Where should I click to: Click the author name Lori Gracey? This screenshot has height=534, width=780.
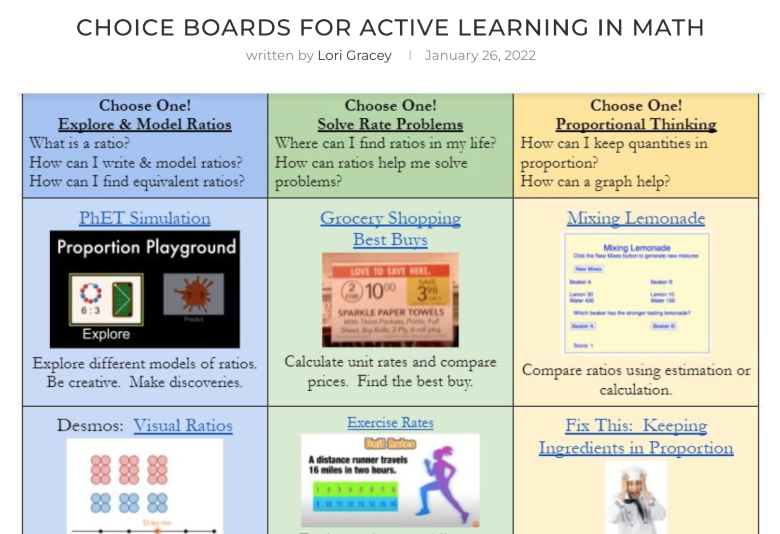pyautogui.click(x=354, y=55)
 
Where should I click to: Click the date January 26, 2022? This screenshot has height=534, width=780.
pyautogui.click(x=480, y=55)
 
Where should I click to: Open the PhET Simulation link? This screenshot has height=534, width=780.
pyautogui.click(x=145, y=218)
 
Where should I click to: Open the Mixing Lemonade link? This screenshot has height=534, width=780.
pyautogui.click(x=636, y=218)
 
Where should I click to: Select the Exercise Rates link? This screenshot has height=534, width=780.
pyautogui.click(x=391, y=423)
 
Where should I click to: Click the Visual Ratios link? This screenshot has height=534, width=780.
pyautogui.click(x=183, y=425)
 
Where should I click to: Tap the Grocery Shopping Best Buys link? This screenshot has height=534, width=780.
pyautogui.click(x=391, y=229)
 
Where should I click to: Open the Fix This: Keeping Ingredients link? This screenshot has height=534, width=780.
pyautogui.click(x=636, y=436)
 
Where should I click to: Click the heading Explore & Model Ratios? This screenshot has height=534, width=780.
pyautogui.click(x=145, y=124)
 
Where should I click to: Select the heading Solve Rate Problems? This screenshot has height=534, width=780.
pyautogui.click(x=391, y=124)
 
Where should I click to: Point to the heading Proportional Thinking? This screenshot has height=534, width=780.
pyautogui.click(x=636, y=124)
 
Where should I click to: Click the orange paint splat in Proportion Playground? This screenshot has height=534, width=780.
pyautogui.click(x=193, y=294)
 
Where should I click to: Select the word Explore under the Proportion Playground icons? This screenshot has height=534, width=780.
pyautogui.click(x=106, y=334)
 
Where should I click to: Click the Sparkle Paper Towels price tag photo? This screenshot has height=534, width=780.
pyautogui.click(x=391, y=300)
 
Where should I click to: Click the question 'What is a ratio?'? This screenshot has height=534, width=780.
pyautogui.click(x=80, y=143)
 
